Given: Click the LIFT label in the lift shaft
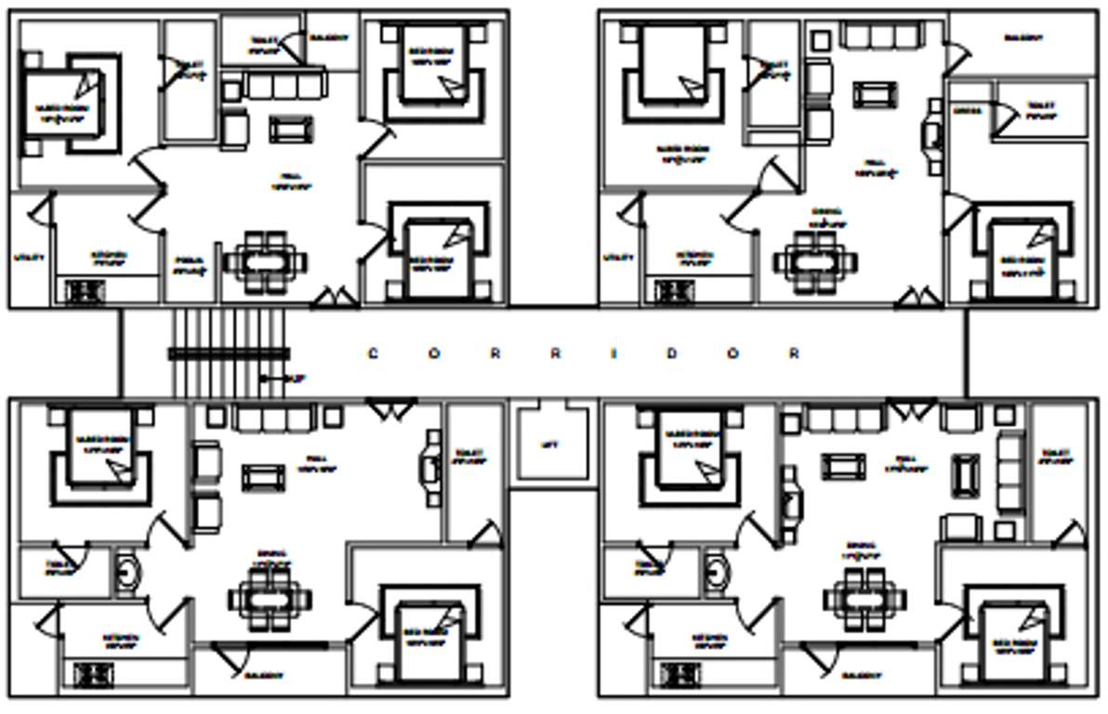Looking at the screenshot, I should (549, 445).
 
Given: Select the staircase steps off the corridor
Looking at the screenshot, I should (229, 352).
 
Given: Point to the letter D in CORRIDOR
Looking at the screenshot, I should (675, 353).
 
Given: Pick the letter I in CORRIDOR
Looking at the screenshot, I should (614, 353).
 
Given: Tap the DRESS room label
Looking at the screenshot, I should (967, 111).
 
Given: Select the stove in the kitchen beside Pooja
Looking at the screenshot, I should (85, 291).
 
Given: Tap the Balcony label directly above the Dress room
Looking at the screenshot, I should (1022, 39).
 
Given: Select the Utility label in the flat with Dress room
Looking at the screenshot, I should (617, 258).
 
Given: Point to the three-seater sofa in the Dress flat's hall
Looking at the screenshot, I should (879, 36).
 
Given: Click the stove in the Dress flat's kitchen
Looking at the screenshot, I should (673, 291).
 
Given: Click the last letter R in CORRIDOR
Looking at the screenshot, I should (794, 353).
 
